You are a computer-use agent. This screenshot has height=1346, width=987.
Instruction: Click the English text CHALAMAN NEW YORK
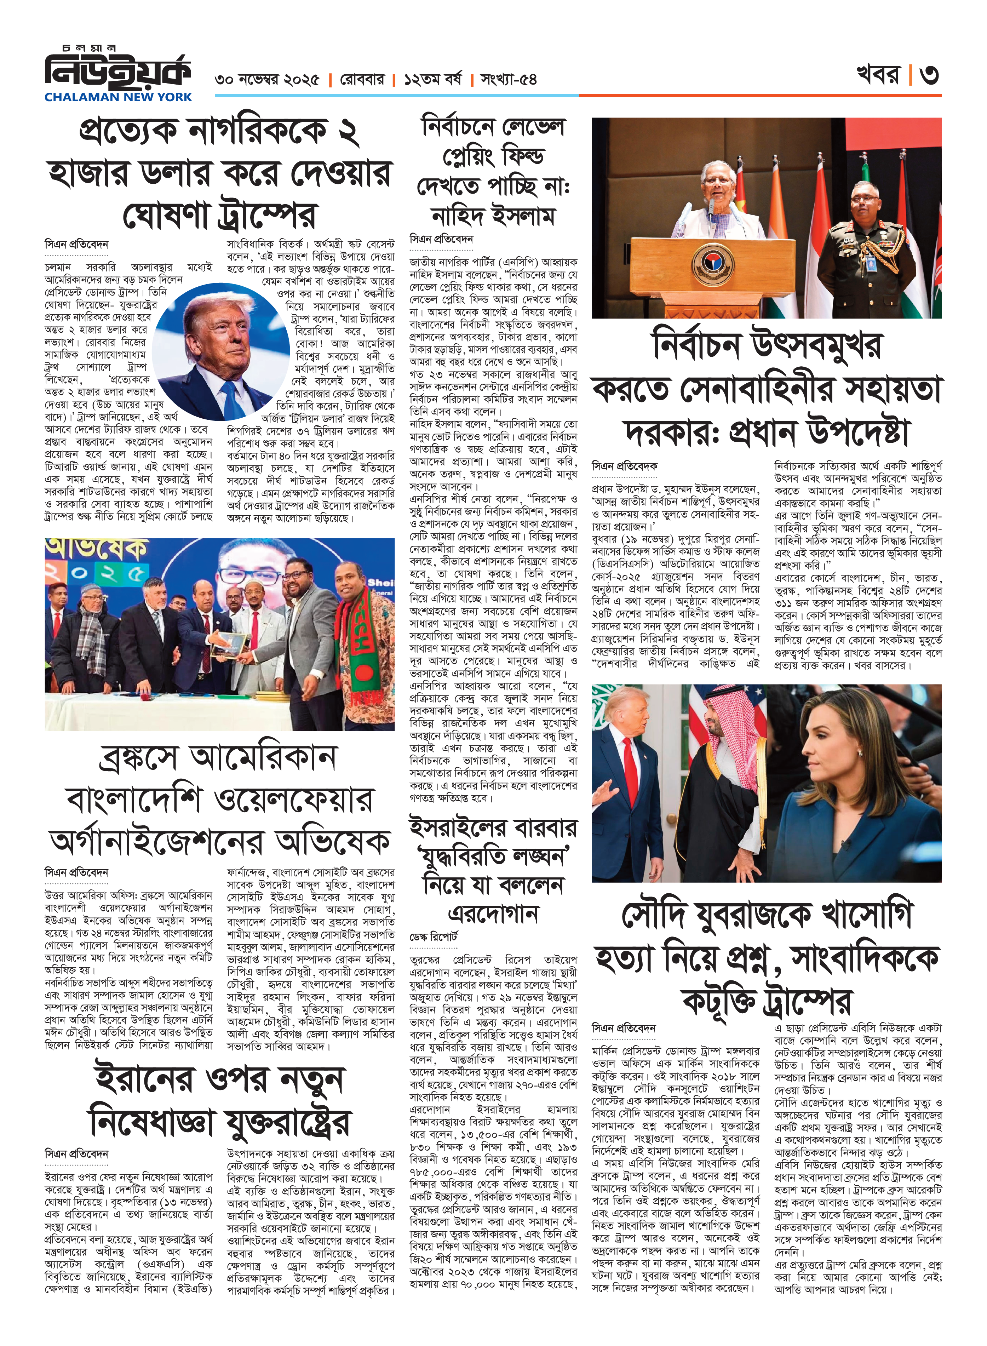[118, 97]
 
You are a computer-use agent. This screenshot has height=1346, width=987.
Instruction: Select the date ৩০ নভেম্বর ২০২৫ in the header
[267, 80]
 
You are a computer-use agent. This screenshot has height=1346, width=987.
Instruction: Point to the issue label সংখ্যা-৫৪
[509, 80]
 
